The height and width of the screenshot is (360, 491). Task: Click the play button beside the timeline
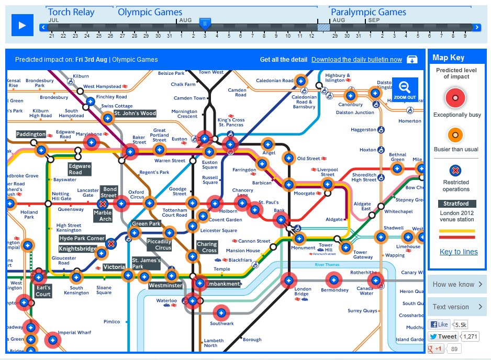click(22, 25)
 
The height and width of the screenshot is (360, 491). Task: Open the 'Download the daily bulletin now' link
click(356, 60)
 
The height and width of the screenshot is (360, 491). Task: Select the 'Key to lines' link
click(459, 252)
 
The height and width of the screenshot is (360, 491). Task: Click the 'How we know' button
click(456, 285)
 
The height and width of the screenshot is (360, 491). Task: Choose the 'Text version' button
click(456, 307)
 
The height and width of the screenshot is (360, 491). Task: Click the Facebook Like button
click(439, 324)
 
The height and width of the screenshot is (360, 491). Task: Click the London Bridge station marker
click(287, 280)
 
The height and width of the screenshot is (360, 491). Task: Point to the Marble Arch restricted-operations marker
click(103, 204)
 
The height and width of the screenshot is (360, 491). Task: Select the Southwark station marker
click(220, 313)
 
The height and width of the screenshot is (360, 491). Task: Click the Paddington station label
click(31, 134)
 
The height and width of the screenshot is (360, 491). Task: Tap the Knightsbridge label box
click(77, 249)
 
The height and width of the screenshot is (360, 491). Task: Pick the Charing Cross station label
click(207, 248)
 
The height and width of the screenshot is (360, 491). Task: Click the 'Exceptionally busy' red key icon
click(456, 98)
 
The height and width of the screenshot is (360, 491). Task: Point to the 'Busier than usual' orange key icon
click(456, 136)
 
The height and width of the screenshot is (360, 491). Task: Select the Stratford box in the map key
click(457, 204)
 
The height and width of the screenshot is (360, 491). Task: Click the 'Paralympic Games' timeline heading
click(368, 12)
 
